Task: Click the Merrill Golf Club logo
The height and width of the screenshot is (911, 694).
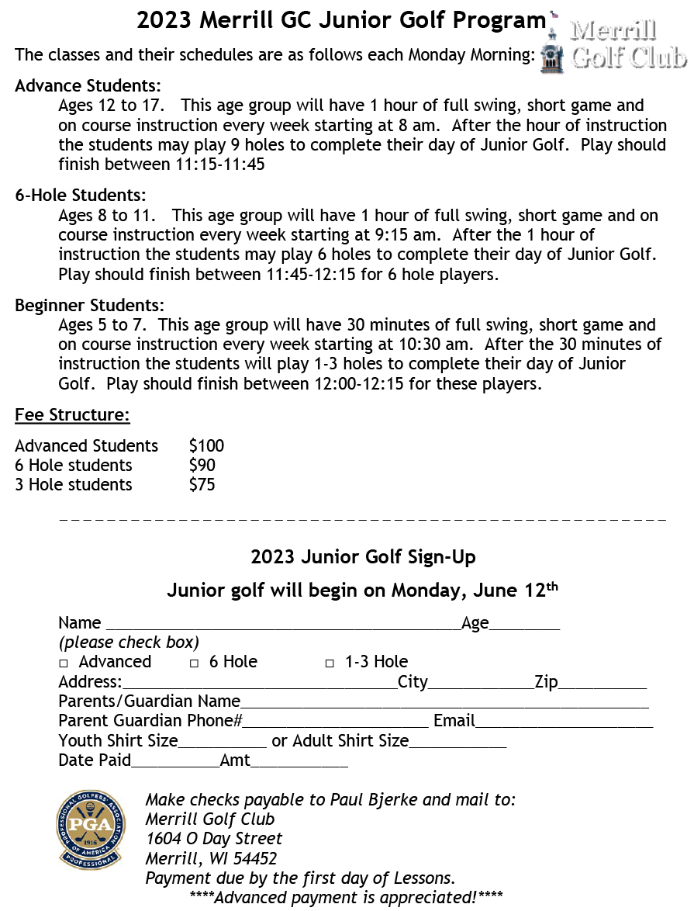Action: click(x=613, y=44)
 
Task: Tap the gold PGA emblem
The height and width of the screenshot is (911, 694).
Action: click(x=90, y=830)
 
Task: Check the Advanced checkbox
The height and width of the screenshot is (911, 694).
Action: click(x=64, y=663)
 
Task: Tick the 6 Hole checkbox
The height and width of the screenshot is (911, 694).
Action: click(x=195, y=663)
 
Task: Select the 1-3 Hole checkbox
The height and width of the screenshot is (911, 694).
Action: click(x=330, y=663)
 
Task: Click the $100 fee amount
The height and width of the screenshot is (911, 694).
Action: click(x=206, y=445)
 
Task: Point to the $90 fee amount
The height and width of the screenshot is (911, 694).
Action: click(x=202, y=466)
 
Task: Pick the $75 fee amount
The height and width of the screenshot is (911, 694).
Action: click(x=202, y=485)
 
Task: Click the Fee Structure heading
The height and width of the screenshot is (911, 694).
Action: click(x=72, y=415)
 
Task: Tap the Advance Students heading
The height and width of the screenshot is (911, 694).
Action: click(x=88, y=85)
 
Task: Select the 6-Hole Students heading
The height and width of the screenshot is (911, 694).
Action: click(x=80, y=196)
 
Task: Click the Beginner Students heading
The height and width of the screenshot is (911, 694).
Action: click(x=89, y=306)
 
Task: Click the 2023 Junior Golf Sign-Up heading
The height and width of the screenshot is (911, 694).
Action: click(x=363, y=557)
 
